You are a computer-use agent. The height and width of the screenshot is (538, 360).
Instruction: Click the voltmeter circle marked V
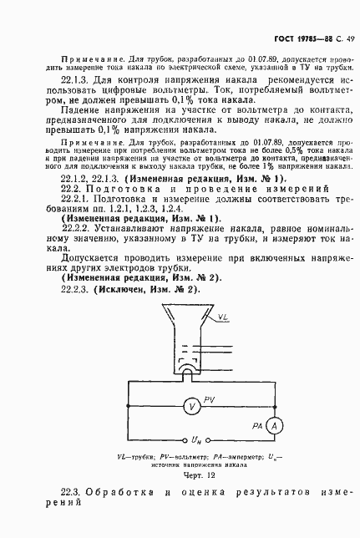pyautogui.click(x=191, y=406)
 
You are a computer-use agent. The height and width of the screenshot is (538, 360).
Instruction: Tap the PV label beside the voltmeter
pyautogui.click(x=210, y=401)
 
